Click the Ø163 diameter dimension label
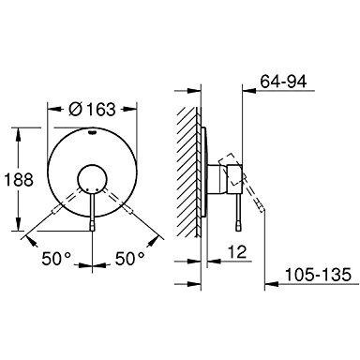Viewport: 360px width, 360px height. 92,109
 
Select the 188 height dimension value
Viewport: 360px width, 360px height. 20,180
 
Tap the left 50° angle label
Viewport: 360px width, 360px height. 56,259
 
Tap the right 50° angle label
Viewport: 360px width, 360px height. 130,259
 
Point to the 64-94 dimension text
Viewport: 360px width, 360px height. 284,82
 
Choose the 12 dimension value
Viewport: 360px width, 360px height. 237,252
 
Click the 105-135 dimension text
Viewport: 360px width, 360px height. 319,275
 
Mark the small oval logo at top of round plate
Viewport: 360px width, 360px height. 92,132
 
